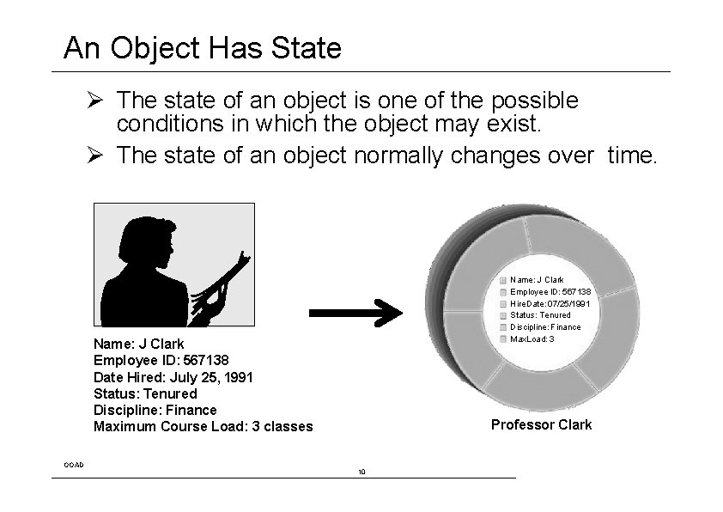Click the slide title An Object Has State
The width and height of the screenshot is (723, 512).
click(202, 47)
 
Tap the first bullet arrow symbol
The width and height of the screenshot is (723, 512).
click(96, 101)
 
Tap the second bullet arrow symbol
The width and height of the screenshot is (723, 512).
click(96, 156)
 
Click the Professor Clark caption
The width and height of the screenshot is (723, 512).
click(541, 424)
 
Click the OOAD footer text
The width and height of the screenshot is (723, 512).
click(74, 464)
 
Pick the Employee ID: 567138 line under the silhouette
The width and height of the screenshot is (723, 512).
click(161, 361)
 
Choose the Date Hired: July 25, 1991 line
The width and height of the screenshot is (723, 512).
click(173, 377)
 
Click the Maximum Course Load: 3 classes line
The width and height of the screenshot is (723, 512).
click(203, 427)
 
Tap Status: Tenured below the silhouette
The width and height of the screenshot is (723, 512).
click(145, 393)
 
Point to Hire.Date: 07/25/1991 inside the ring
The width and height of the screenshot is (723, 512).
click(550, 303)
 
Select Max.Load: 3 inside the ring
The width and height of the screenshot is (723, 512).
click(532, 338)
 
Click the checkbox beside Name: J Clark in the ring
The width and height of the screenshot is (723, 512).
click(502, 279)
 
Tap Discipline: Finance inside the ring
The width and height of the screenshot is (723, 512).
click(546, 327)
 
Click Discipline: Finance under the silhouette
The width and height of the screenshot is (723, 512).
click(155, 410)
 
